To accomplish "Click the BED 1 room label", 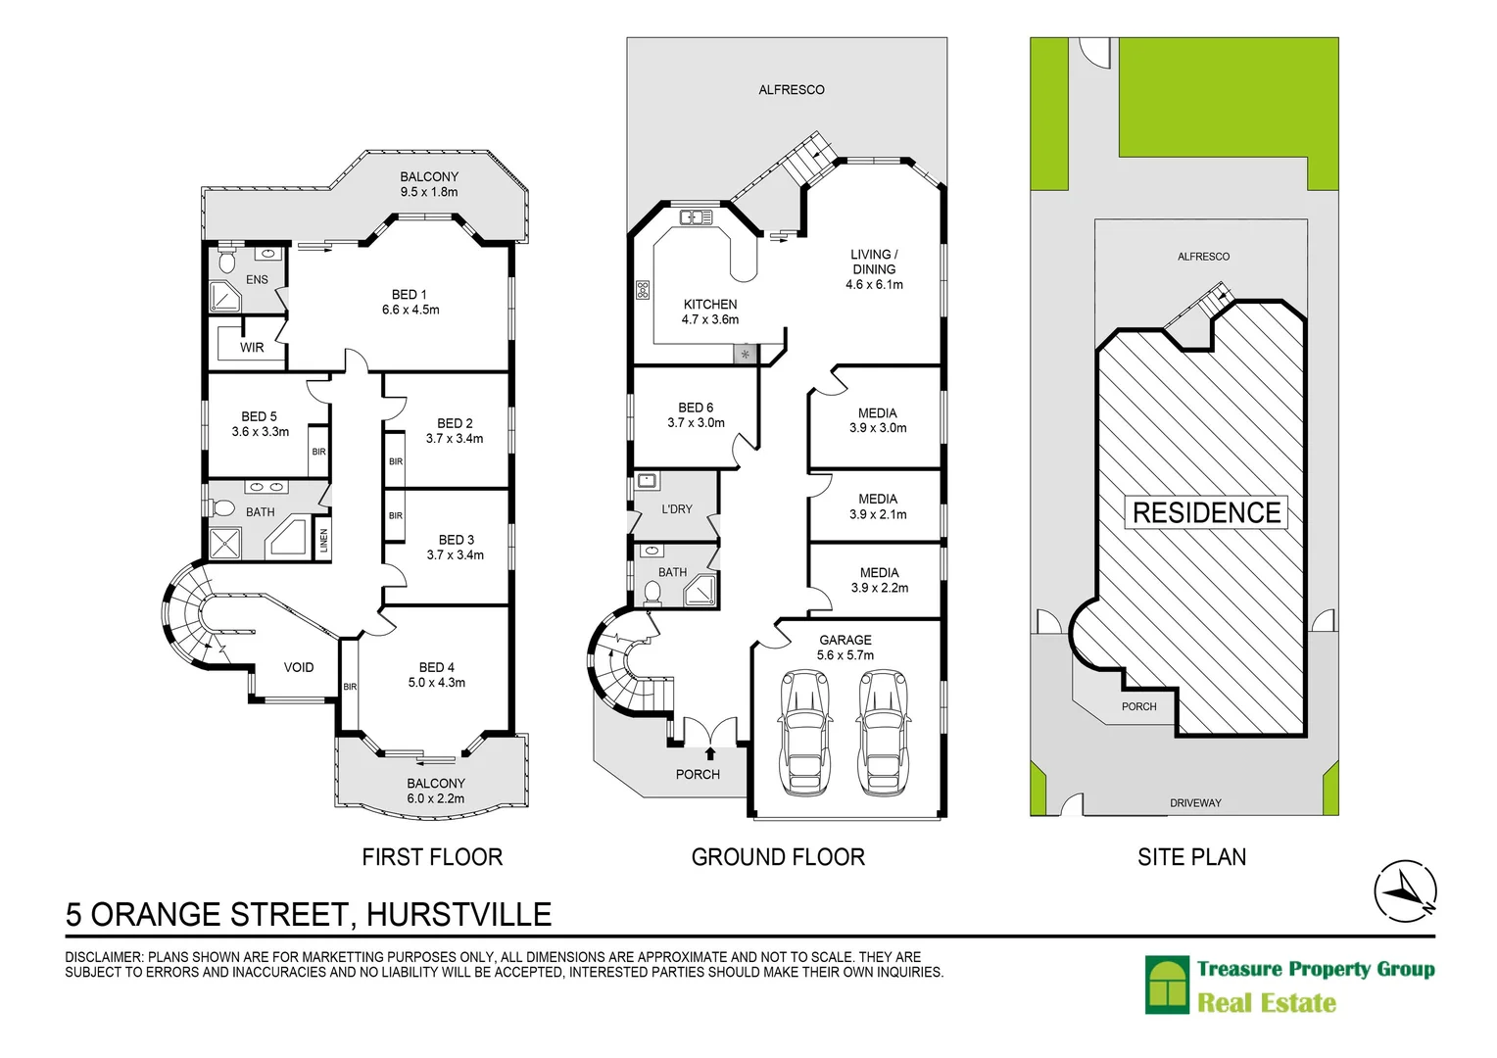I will click(x=409, y=294).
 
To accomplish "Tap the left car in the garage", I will click(x=805, y=733).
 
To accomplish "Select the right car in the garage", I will click(x=883, y=733).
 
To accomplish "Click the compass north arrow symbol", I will click(x=1405, y=891).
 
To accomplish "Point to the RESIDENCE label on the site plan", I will click(x=1206, y=512).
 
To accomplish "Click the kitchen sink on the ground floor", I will click(x=696, y=217).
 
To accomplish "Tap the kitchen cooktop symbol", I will click(x=643, y=290).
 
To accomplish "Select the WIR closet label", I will click(x=252, y=347).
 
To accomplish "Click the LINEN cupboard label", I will click(x=324, y=541).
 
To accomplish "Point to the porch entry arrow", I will click(x=710, y=753).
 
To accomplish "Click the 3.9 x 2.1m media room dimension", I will click(x=878, y=514).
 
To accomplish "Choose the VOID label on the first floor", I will click(x=299, y=667).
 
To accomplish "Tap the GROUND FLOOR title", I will click(x=778, y=857).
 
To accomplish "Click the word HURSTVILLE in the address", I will click(x=459, y=914).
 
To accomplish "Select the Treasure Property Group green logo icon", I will click(x=1167, y=986).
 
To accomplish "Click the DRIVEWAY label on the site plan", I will click(x=1195, y=803).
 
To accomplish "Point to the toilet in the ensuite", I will click(x=227, y=261).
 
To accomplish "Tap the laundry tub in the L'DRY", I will click(x=647, y=481).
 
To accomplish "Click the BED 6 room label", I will click(x=696, y=408).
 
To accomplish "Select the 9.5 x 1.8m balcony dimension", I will click(x=428, y=192).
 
